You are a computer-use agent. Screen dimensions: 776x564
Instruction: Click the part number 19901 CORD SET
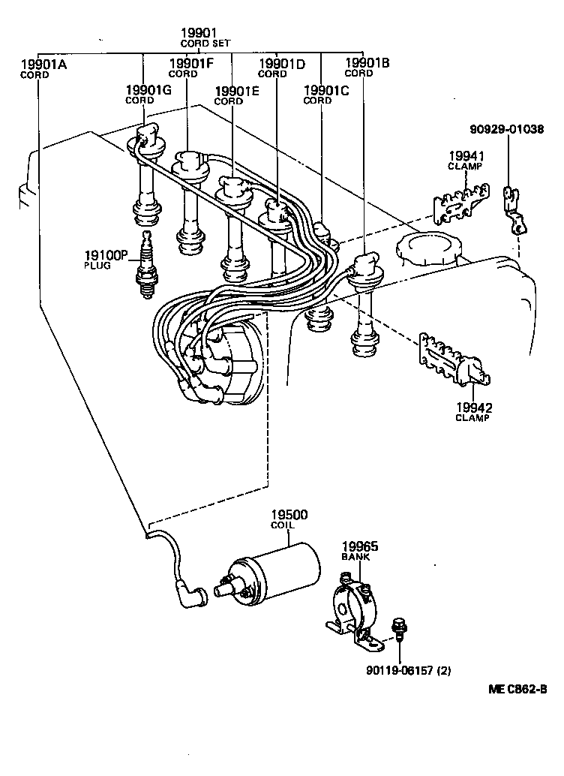tap(199, 37)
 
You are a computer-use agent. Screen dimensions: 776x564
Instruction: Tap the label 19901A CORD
tap(43, 69)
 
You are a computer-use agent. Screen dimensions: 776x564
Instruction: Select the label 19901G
tap(148, 95)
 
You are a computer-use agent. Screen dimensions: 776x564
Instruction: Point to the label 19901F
tap(192, 68)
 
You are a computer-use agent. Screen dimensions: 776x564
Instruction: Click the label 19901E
tap(236, 95)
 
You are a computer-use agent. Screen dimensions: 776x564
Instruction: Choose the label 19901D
tap(281, 68)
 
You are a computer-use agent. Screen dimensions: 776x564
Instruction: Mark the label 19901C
tap(326, 95)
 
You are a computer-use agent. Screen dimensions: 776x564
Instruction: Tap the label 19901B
tap(367, 68)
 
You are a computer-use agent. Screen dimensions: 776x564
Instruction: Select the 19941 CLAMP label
tap(466, 161)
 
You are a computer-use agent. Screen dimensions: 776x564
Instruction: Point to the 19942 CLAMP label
tap(473, 412)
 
